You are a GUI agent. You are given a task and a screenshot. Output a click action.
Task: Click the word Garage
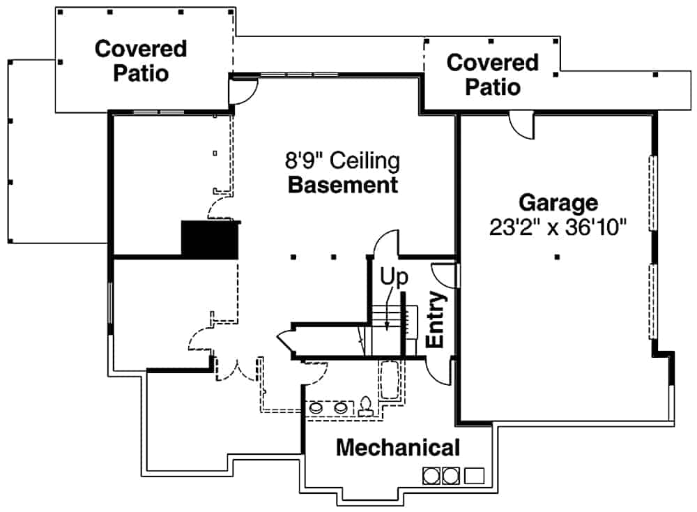pyautogui.click(x=558, y=203)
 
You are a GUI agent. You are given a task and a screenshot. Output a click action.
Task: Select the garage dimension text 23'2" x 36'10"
pyautogui.click(x=558, y=228)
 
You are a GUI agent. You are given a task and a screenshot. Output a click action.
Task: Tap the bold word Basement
pyautogui.click(x=343, y=186)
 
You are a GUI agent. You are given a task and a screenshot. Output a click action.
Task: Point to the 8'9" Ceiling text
pyautogui.click(x=342, y=162)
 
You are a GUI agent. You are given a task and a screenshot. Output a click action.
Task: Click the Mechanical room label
pyautogui.click(x=398, y=448)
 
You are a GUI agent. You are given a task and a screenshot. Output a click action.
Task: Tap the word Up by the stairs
pyautogui.click(x=393, y=277)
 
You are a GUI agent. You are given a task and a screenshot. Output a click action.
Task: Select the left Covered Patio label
pyautogui.click(x=141, y=61)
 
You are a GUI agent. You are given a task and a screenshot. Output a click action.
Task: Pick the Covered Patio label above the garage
pyautogui.click(x=493, y=75)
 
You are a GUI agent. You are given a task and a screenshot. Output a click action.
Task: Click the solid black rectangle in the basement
pyautogui.click(x=210, y=241)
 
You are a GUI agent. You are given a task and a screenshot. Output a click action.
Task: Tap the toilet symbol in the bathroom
pyautogui.click(x=365, y=407)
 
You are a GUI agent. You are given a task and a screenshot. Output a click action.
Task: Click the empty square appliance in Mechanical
pyautogui.click(x=475, y=476)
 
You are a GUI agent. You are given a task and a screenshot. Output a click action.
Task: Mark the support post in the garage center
pyautogui.click(x=558, y=257)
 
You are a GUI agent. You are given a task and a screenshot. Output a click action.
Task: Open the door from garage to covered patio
pyautogui.click(x=521, y=126)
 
